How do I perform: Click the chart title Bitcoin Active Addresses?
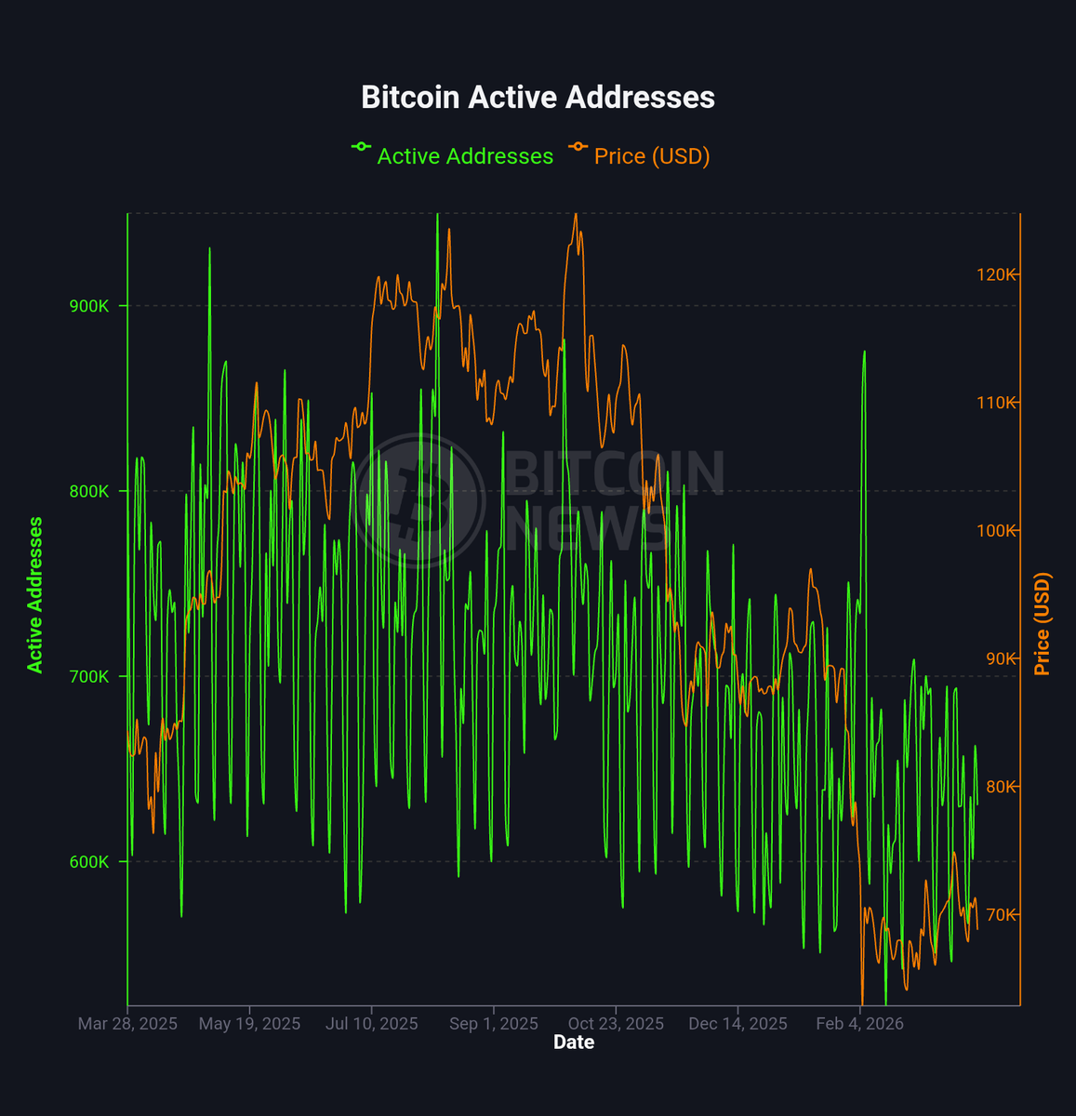coord(538,98)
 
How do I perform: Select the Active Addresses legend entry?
coord(464,156)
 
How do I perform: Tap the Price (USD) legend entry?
coord(651,156)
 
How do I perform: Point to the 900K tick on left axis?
coord(89,306)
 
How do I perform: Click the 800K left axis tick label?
coord(89,491)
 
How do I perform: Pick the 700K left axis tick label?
coord(89,676)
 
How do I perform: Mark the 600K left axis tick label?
coord(89,861)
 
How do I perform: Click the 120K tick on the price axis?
coord(996,274)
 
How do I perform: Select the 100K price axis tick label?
coord(996,530)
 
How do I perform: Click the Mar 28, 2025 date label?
coord(127,1024)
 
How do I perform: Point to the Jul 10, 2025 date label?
coord(372,1024)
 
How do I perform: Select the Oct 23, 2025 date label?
coord(616,1024)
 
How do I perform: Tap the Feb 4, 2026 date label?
coord(859,1024)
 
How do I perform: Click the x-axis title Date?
coord(574,1043)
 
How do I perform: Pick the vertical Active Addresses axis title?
coord(35,595)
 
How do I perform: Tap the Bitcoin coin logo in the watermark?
coord(420,499)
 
